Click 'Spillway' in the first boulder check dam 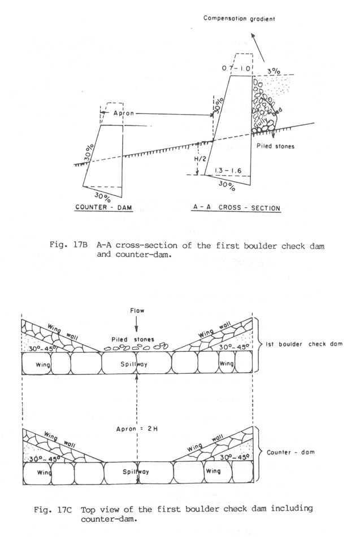137,366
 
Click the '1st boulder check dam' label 310,344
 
